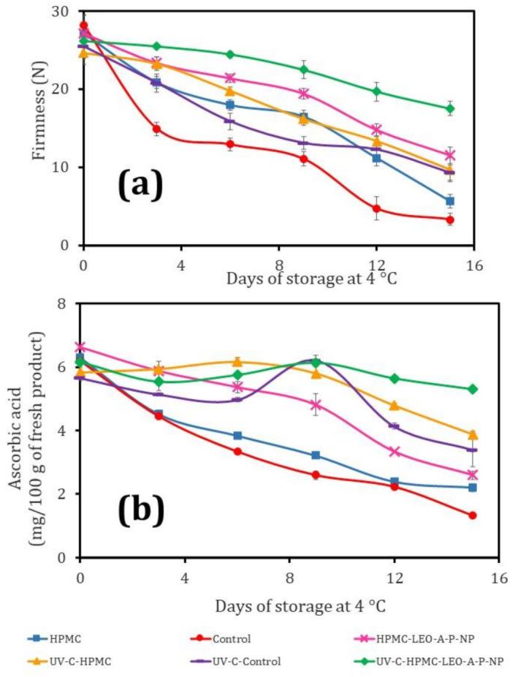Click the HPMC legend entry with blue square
click(94, 638)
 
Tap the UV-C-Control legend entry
click(262, 662)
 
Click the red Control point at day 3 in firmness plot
click(156, 129)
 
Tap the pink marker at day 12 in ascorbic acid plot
click(395, 452)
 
